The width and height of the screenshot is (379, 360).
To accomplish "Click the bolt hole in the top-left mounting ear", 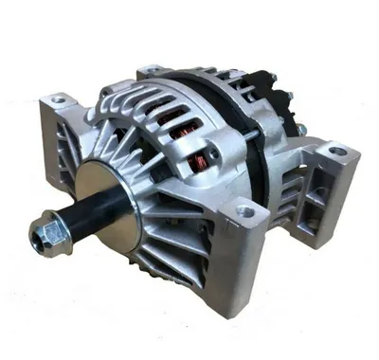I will (x=59, y=99).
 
